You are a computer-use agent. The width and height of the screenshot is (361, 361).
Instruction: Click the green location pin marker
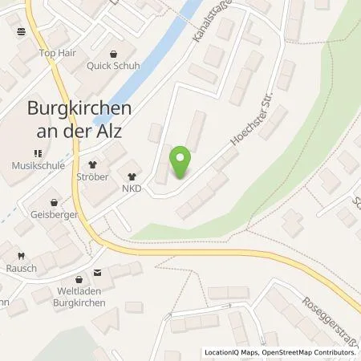[x=182, y=164]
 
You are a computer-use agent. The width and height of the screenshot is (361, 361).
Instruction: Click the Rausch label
[x=21, y=268]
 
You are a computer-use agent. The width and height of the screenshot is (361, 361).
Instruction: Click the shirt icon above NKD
[x=132, y=176]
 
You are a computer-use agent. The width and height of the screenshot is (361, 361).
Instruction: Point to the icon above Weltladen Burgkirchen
[x=98, y=273]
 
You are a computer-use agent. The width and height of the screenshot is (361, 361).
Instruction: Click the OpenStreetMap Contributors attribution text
[x=308, y=352]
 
